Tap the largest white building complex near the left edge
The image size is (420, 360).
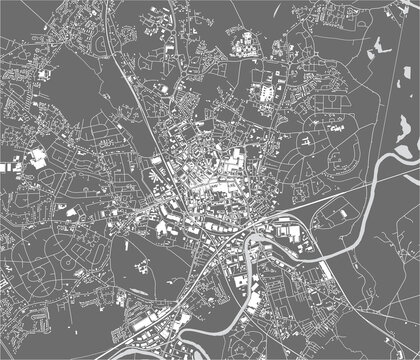(x=38, y=157)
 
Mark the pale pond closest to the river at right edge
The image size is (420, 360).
(x=404, y=151)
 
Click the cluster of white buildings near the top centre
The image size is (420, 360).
(x=243, y=42)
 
